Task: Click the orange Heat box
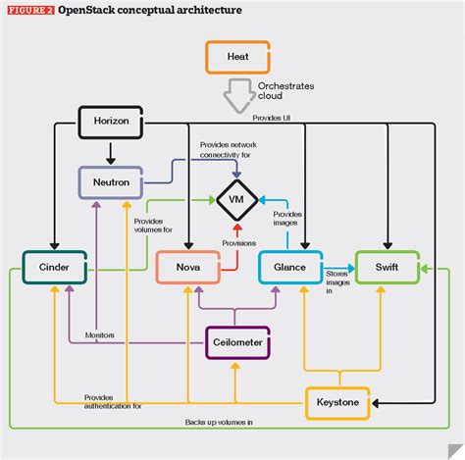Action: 236,58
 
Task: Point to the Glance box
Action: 290,267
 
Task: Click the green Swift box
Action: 388,267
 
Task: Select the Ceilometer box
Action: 237,342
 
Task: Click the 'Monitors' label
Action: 100,334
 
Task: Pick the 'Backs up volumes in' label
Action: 218,421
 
